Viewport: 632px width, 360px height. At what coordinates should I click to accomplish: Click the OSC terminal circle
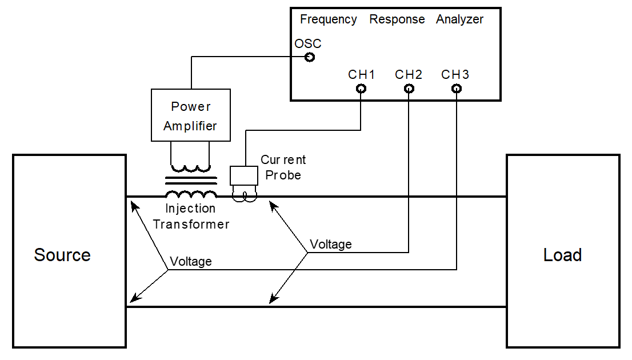(310, 57)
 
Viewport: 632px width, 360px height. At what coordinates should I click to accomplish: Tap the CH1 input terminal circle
(361, 89)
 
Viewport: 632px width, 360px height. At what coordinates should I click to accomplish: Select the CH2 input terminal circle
(409, 89)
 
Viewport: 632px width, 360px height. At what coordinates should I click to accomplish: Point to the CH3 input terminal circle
(456, 89)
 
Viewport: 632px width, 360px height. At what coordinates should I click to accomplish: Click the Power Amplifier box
(191, 115)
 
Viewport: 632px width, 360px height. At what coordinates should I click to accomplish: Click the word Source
(62, 255)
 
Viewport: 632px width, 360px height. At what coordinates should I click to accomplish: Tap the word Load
(562, 255)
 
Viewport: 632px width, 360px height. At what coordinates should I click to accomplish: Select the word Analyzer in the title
(459, 19)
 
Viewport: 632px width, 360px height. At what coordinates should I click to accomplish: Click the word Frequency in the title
(329, 19)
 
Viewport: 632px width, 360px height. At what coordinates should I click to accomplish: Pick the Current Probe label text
(283, 167)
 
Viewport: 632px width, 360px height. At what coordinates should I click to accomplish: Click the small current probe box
(244, 175)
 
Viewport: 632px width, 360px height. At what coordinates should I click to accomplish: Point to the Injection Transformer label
(191, 217)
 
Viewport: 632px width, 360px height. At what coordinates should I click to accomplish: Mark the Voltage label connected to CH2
(330, 245)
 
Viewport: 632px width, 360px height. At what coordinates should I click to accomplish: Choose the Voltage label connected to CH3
(191, 262)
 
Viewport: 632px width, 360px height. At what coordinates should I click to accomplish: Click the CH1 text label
(361, 75)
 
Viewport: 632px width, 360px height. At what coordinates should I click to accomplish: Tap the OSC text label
(308, 44)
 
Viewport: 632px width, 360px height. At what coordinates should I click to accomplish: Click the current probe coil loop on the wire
(244, 195)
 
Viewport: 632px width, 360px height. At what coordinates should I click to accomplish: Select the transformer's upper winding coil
(190, 169)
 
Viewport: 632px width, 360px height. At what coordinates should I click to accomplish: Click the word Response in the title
(397, 19)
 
